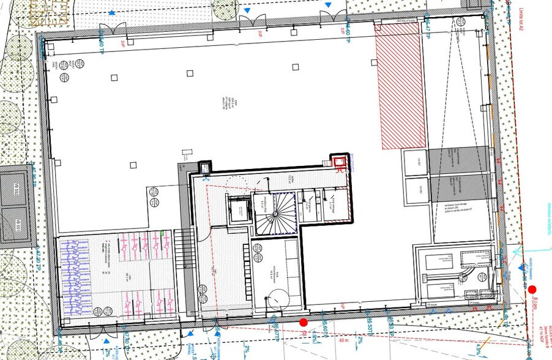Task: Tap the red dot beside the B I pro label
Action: (532, 290)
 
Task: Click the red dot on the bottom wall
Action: (303, 322)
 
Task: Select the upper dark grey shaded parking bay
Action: (459, 159)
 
